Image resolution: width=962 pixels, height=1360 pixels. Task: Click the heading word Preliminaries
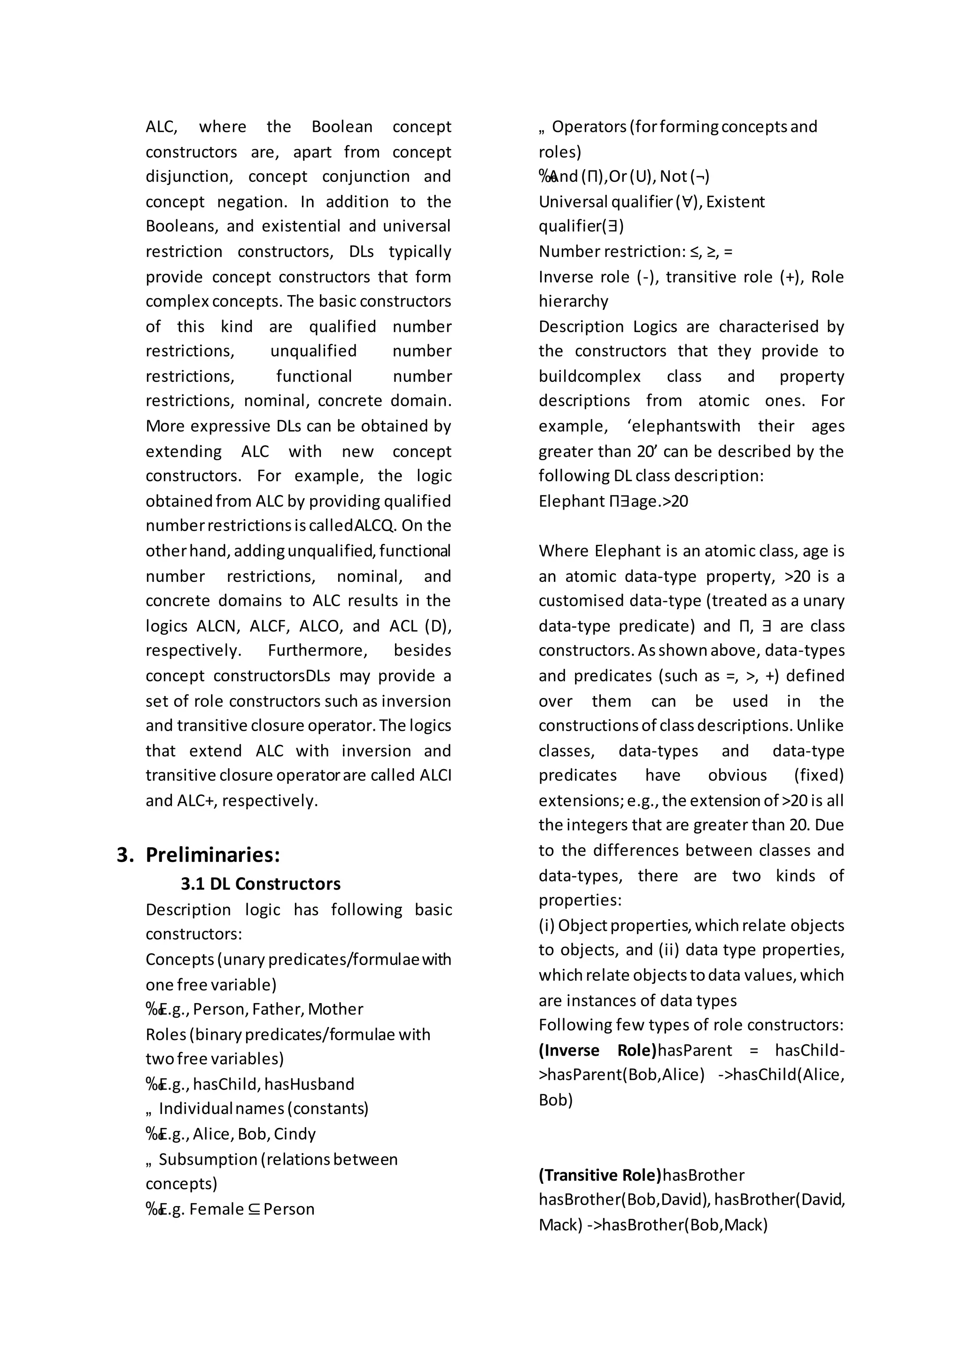[x=213, y=855]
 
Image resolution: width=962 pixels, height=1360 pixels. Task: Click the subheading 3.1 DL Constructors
[x=261, y=884]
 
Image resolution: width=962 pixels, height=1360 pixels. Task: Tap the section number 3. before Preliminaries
[x=125, y=855]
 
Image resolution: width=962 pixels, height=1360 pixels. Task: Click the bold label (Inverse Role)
[x=597, y=1050]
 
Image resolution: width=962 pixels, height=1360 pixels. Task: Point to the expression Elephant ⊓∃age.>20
[x=613, y=501]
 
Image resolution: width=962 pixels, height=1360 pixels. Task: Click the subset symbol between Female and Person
[x=254, y=1209]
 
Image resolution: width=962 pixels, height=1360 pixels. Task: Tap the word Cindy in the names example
[x=295, y=1134]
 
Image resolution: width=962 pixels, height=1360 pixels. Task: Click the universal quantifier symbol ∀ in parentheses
[x=687, y=202]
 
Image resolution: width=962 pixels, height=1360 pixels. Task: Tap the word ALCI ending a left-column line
[x=435, y=775]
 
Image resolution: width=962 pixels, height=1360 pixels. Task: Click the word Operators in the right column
[x=589, y=127]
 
